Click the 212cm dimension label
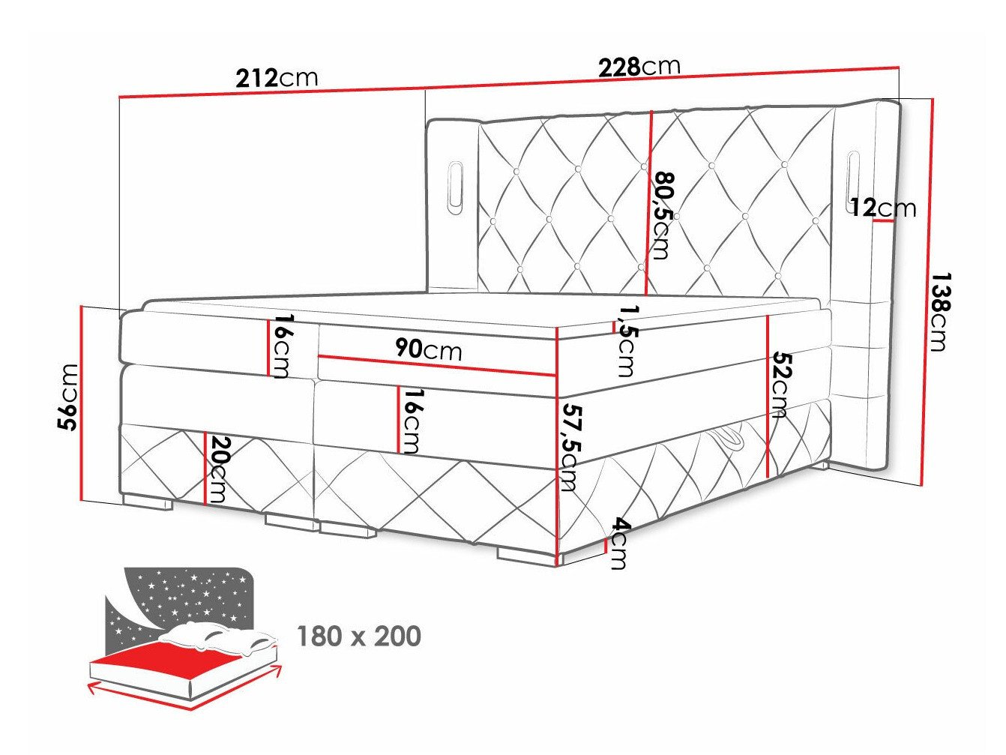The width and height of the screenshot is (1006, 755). tap(276, 78)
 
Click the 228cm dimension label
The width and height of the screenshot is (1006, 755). tap(639, 67)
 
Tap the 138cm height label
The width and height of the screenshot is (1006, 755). tap(938, 311)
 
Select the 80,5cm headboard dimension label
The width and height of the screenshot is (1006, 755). tap(663, 215)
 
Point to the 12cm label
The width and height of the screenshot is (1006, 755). tap(883, 207)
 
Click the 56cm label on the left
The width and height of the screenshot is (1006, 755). tap(69, 397)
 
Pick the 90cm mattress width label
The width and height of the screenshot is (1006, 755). tap(428, 350)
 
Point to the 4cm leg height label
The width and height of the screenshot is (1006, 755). tap(618, 543)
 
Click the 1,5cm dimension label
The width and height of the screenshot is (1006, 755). tap(625, 340)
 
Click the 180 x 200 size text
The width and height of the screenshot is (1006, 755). tap(359, 637)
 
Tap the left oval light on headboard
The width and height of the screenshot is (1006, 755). tap(455, 183)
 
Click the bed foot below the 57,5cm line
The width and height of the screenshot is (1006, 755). tap(524, 556)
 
